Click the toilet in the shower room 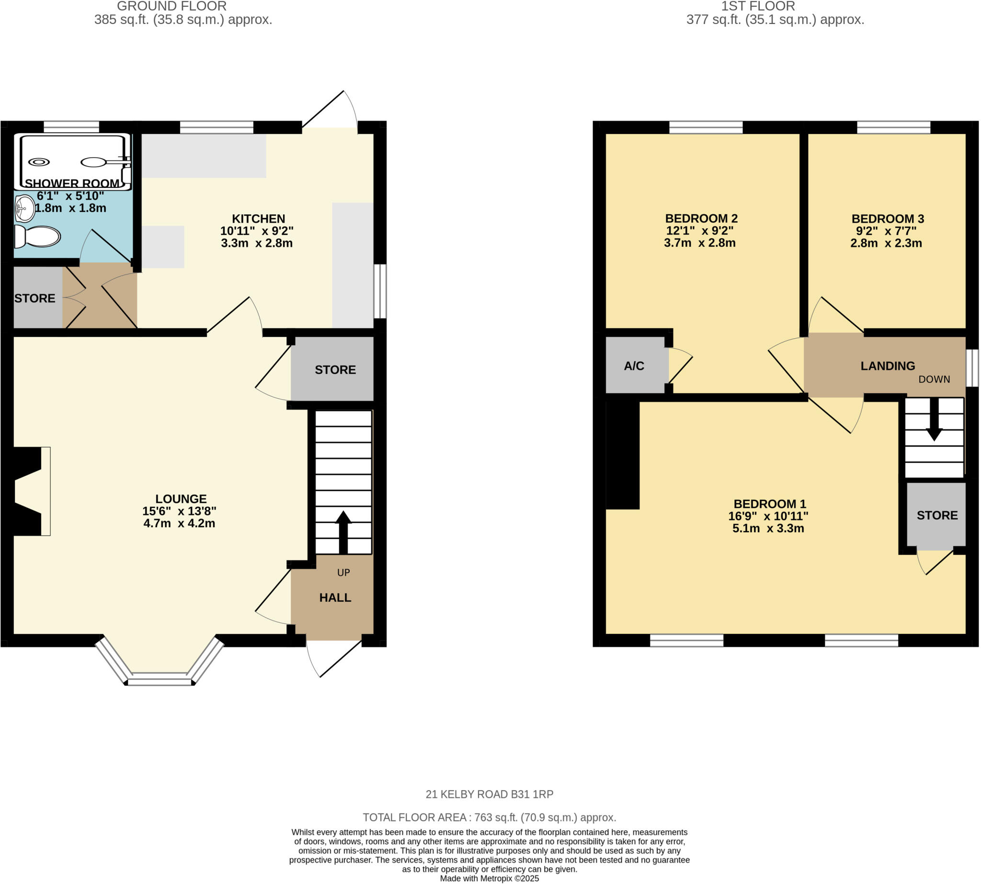[38, 237]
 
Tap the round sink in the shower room [24, 209]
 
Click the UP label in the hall [343, 573]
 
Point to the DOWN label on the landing [934, 379]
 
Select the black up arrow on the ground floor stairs [343, 532]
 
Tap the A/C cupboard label [634, 366]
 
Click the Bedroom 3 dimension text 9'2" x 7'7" [886, 231]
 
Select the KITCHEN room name [258, 218]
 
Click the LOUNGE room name [181, 499]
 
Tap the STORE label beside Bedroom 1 [937, 516]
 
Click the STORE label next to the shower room [34, 298]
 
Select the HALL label [335, 598]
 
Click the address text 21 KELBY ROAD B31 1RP [490, 794]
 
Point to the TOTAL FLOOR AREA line [490, 817]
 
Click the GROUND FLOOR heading [171, 6]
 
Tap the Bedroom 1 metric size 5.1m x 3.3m [768, 528]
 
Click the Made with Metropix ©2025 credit [490, 879]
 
